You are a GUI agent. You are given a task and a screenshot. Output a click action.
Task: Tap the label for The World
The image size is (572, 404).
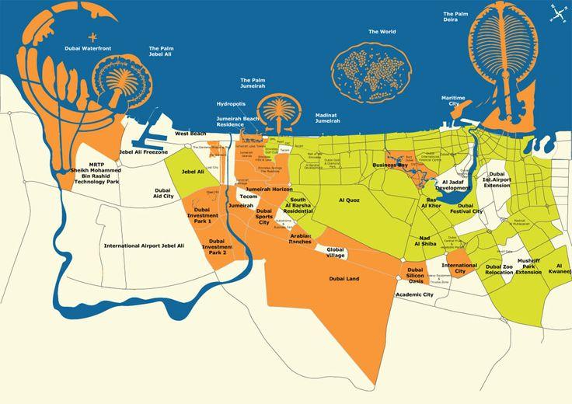(382, 32)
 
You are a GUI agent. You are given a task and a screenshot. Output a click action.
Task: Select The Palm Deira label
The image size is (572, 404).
(456, 17)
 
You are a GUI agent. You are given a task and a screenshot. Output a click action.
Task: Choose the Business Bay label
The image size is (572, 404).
(391, 165)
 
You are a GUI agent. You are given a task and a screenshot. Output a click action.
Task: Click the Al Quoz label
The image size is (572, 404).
(350, 200)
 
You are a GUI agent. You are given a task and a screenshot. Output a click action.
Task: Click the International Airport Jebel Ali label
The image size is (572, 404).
(145, 246)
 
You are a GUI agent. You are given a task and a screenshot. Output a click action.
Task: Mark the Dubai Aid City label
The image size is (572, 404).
(162, 193)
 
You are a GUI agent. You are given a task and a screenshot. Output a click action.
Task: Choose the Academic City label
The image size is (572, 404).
(414, 295)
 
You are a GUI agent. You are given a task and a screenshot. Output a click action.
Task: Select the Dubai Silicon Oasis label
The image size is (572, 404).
(415, 277)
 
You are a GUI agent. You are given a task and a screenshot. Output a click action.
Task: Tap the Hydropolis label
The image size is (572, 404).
(231, 103)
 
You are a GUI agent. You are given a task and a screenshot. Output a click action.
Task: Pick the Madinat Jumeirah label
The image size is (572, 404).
(327, 118)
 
